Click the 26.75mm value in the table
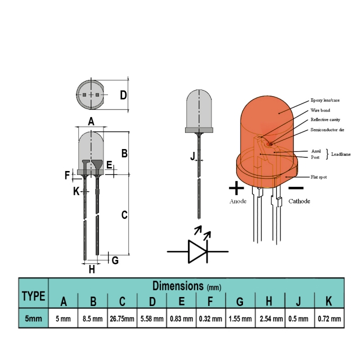(122, 319)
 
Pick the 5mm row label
(33, 319)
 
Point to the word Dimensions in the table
(178, 286)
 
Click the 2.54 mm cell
(269, 319)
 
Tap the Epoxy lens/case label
(326, 101)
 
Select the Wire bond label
(321, 110)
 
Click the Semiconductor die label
(327, 130)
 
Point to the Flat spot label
(319, 177)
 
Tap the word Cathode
(299, 201)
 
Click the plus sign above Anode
(237, 187)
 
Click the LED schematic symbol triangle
(197, 251)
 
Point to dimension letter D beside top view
(123, 94)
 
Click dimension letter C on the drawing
(124, 214)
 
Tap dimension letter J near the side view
(192, 156)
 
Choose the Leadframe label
(341, 154)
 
